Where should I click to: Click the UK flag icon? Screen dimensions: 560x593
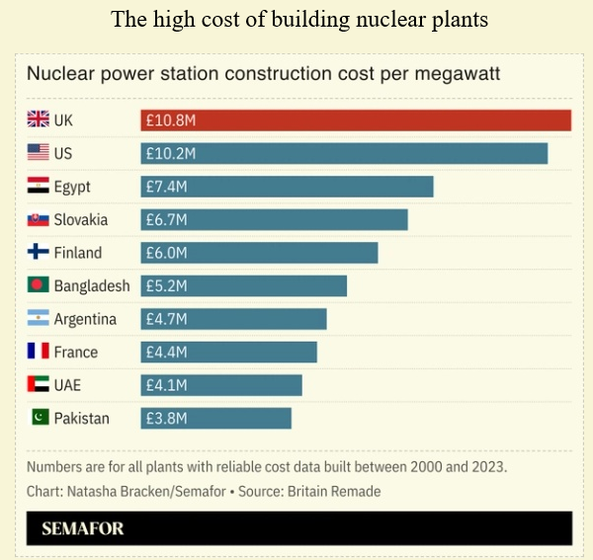pos(38,120)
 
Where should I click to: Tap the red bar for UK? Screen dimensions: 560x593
pos(356,120)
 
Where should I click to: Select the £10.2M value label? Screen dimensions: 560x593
pos(170,153)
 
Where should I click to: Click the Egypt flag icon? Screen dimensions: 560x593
pos(38,187)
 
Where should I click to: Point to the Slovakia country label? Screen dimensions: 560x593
pos(81,219)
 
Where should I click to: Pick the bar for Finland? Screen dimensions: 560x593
pos(259,253)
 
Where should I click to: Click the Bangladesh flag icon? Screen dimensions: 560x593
pos(38,285)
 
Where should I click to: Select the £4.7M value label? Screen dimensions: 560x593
pos(166,319)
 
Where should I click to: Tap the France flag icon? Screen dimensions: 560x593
pos(38,352)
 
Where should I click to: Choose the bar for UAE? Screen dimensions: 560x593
pos(221,385)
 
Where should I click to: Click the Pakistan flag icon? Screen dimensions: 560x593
pos(38,418)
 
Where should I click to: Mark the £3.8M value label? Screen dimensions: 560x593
pos(166,418)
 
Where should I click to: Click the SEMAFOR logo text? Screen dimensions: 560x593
pos(83,528)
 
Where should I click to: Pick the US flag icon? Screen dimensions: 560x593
pos(38,153)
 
